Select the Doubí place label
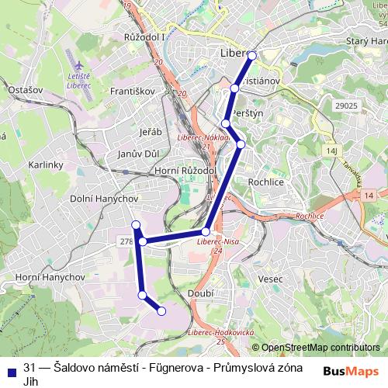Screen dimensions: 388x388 coord(199,293)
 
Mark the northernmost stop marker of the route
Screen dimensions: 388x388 coord(251,55)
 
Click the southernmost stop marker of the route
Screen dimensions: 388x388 coord(162,311)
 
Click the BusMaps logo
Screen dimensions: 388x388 coord(352,372)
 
